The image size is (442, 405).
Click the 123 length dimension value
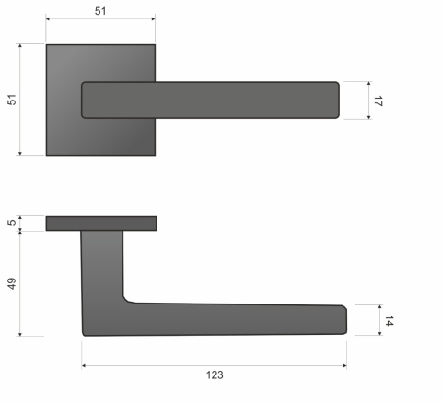coord(215,375)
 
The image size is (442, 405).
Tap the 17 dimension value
coord(377,101)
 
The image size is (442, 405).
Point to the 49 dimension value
coord(12,283)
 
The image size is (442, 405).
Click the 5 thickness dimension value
coord(12,222)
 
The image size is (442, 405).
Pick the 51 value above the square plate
coord(100,9)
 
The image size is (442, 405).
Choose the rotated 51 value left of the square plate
coord(12,100)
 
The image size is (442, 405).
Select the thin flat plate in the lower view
coord(100,222)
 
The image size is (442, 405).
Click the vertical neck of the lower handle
coord(102,268)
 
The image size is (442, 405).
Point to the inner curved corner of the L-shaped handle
coord(127,299)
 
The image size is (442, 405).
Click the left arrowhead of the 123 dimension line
coord(86,365)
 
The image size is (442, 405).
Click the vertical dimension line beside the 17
coord(368,101)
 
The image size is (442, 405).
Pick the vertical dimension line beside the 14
coord(379,320)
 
